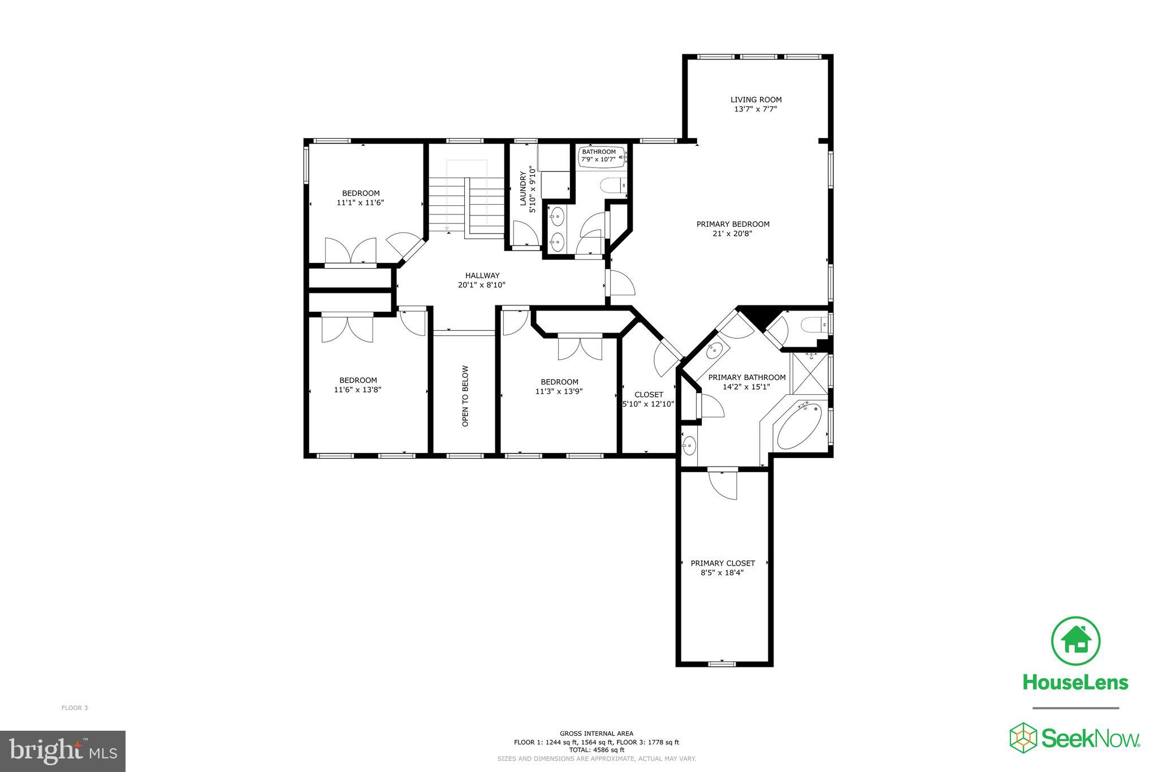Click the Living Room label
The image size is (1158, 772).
tap(755, 100)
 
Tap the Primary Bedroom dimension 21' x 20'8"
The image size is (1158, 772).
tap(732, 233)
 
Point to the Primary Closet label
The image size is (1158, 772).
tap(723, 563)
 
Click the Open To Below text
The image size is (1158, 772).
tap(465, 396)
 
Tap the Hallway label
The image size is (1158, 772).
tap(482, 275)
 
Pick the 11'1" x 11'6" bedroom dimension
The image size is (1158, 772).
tap(360, 202)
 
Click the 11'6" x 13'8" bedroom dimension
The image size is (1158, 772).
tap(357, 390)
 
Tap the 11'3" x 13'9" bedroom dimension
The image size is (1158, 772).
tap(559, 391)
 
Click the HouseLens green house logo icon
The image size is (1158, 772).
tap(1075, 641)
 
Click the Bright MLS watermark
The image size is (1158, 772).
tap(62, 751)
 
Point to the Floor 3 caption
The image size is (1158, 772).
tap(75, 708)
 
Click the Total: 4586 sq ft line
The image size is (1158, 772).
tap(596, 750)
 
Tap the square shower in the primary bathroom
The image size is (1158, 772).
tap(809, 370)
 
